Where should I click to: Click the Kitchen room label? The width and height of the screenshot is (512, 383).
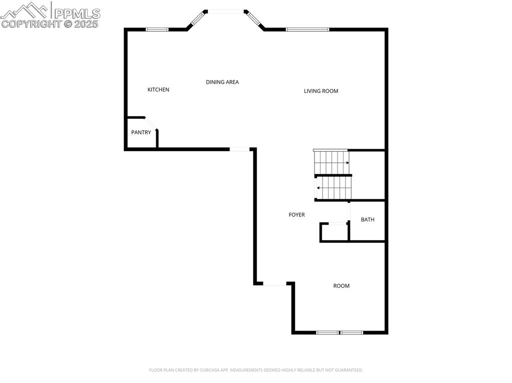(x=158, y=90)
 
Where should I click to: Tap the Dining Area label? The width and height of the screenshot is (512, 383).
(x=222, y=82)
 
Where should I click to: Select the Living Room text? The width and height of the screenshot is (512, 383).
(x=321, y=91)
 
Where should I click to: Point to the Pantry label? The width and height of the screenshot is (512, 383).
(x=141, y=132)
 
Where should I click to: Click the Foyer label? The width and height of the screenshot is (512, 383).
(x=296, y=215)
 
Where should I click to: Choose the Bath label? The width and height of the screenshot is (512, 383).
(x=367, y=220)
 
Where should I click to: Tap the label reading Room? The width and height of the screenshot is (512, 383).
(x=341, y=286)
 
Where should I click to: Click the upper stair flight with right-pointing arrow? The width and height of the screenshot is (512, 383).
(x=331, y=163)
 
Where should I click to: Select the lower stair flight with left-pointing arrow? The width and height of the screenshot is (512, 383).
(x=332, y=188)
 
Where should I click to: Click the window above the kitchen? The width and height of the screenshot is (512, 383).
(x=156, y=29)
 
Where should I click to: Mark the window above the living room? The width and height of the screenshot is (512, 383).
(x=307, y=29)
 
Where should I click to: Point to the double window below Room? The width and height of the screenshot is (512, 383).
(x=339, y=332)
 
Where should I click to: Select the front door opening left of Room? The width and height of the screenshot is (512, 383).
(x=274, y=284)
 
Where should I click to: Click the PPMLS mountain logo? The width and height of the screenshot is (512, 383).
(x=25, y=10)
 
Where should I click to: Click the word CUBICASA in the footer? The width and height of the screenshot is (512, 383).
(x=207, y=370)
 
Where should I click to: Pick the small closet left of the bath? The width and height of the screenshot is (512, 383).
(x=334, y=233)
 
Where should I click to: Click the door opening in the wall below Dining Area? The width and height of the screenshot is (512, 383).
(x=239, y=149)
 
